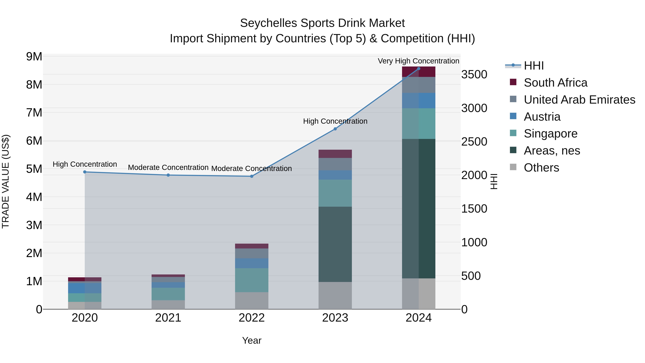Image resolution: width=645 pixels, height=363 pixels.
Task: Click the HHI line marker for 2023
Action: pos(335,129)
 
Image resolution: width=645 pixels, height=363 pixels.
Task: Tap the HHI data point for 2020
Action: pos(85,172)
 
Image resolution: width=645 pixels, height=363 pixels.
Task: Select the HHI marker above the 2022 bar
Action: pos(252,176)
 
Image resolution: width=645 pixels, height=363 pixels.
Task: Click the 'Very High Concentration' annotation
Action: pos(418,61)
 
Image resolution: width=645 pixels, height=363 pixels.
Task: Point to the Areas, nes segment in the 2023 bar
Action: pos(335,244)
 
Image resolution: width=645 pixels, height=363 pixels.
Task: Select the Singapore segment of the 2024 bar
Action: pos(418,124)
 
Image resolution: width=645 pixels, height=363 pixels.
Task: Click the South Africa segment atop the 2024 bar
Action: pos(418,72)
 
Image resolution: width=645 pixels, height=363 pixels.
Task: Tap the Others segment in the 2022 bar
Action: pos(252,300)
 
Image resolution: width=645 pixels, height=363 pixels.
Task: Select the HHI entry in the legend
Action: pos(533,66)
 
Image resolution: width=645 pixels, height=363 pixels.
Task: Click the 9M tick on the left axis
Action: pos(34,57)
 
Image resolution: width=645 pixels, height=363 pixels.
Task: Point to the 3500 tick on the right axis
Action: pos(474,74)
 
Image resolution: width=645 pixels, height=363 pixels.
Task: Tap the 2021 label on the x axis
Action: pos(168,318)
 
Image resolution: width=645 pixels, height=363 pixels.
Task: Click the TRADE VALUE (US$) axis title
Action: pos(6,181)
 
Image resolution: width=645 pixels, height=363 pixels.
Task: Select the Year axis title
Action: pos(252,340)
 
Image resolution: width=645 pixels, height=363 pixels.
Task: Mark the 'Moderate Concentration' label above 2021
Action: pos(168,167)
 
